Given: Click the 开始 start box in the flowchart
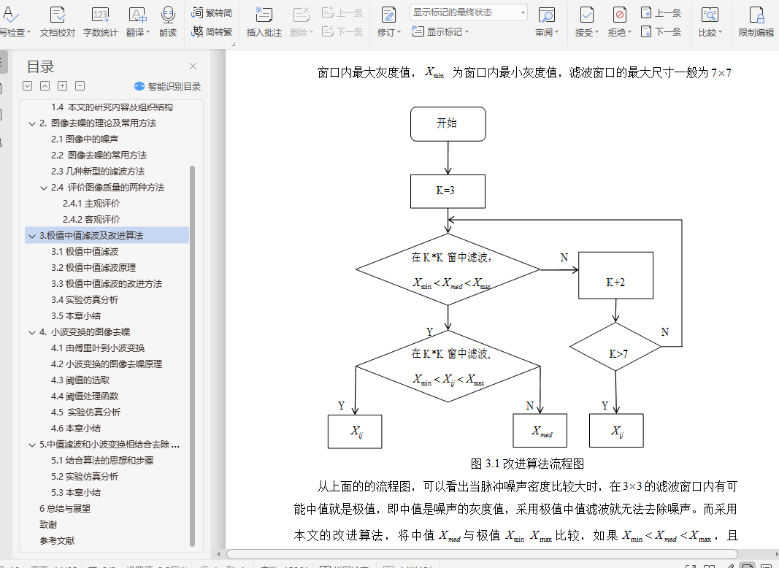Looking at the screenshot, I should click(x=448, y=123).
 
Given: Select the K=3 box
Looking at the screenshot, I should click(x=448, y=192).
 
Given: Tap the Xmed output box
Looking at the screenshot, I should click(x=541, y=431).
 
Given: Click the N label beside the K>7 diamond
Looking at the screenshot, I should click(x=664, y=332).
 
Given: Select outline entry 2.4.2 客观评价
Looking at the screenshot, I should click(x=91, y=219).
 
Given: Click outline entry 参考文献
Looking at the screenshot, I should click(x=57, y=540).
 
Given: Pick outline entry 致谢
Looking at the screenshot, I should click(x=48, y=524).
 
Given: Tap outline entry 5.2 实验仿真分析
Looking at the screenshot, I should click(x=85, y=476).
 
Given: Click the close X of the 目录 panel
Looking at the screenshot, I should click(x=193, y=66).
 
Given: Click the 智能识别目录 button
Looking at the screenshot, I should click(x=168, y=86).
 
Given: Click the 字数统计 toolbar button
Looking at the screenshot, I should click(x=101, y=22).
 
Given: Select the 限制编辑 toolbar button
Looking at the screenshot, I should click(x=756, y=22).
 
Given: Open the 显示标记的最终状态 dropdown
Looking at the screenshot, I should click(x=468, y=12).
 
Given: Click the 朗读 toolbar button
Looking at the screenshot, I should click(x=168, y=22).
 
